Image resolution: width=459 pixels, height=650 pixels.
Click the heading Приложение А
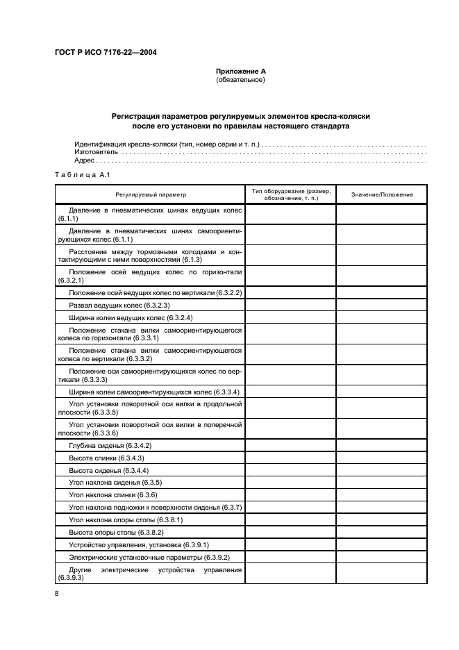[241, 72]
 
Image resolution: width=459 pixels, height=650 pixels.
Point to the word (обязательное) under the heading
[241, 79]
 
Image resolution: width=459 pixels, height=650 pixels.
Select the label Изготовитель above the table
[95, 151]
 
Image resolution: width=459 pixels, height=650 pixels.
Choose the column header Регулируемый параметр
[151, 194]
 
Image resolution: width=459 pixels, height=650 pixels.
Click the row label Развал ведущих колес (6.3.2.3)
[119, 305]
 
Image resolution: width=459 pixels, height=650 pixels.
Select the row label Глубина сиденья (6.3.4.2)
[110, 445]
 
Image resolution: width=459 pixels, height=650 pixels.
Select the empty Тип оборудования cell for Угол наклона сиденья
[290, 483]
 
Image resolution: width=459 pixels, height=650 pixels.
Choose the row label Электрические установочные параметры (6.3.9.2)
[149, 558]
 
